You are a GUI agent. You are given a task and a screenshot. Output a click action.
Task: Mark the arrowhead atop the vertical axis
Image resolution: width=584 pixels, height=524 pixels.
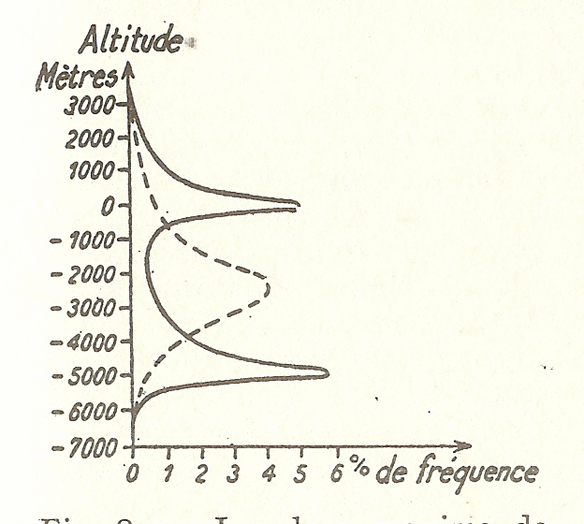[132, 70]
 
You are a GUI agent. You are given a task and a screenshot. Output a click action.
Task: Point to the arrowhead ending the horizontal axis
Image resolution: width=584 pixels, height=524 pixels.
[463, 445]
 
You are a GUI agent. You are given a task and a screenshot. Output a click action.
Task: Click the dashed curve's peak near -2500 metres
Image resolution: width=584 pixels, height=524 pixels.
[269, 286]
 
